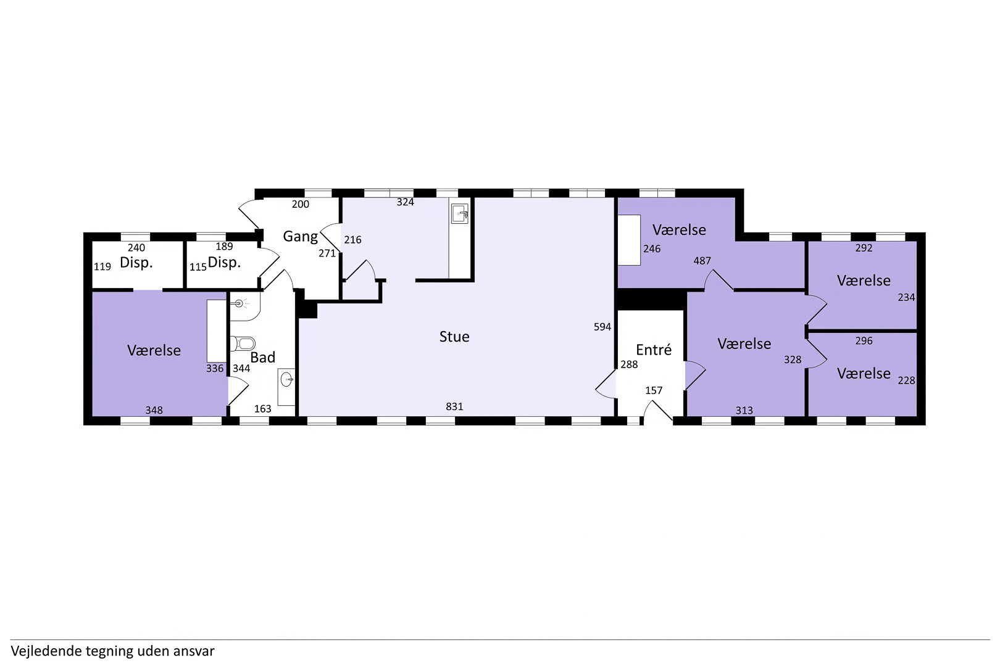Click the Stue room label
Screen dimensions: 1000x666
(454, 336)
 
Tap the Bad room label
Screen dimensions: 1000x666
(262, 357)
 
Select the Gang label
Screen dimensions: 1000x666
(301, 236)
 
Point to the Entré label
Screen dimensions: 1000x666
(654, 350)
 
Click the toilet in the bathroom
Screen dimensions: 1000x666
(243, 343)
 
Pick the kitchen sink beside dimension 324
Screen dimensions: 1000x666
(459, 213)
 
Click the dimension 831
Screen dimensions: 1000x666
(454, 406)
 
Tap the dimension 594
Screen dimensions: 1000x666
(602, 327)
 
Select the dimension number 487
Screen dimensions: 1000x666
(702, 260)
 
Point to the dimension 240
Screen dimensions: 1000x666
(136, 247)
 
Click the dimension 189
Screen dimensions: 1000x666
(224, 246)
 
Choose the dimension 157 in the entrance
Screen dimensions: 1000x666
(654, 391)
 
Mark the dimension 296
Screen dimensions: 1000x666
(864, 341)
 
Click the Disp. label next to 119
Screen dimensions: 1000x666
(136, 262)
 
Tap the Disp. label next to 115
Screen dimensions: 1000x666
(224, 262)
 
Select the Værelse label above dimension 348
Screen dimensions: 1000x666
(154, 351)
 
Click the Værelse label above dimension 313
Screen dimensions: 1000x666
(744, 344)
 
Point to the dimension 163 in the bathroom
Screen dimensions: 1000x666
(262, 409)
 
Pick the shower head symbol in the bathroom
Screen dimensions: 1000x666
(240, 304)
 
